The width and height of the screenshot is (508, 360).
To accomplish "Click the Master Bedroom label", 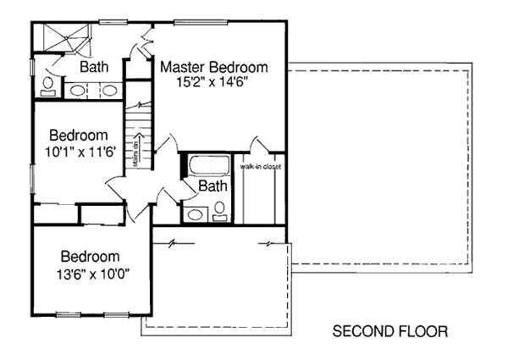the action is click(214, 67).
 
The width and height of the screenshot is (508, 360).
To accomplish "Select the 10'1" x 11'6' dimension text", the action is click(80, 152).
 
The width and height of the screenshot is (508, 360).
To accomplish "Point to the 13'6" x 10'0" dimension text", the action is click(93, 274).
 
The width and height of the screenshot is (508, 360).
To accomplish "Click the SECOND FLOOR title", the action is click(390, 331).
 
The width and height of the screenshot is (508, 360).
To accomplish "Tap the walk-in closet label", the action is click(260, 167).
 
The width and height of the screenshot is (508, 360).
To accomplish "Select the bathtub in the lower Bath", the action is click(209, 166).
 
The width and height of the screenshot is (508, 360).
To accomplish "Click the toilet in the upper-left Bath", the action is click(48, 87).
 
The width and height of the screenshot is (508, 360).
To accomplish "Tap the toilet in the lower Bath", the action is click(220, 211).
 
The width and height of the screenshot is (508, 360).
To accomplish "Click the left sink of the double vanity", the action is click(78, 91).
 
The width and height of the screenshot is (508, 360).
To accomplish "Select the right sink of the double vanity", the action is click(109, 91).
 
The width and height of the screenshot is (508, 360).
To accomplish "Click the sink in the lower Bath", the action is click(196, 214).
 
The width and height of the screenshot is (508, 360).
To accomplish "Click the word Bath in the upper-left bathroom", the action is click(94, 67).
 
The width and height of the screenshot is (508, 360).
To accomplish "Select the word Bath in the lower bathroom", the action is click(213, 186).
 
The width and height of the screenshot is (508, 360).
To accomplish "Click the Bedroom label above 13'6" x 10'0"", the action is click(90, 257).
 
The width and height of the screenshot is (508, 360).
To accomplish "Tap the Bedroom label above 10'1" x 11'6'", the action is click(79, 136).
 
